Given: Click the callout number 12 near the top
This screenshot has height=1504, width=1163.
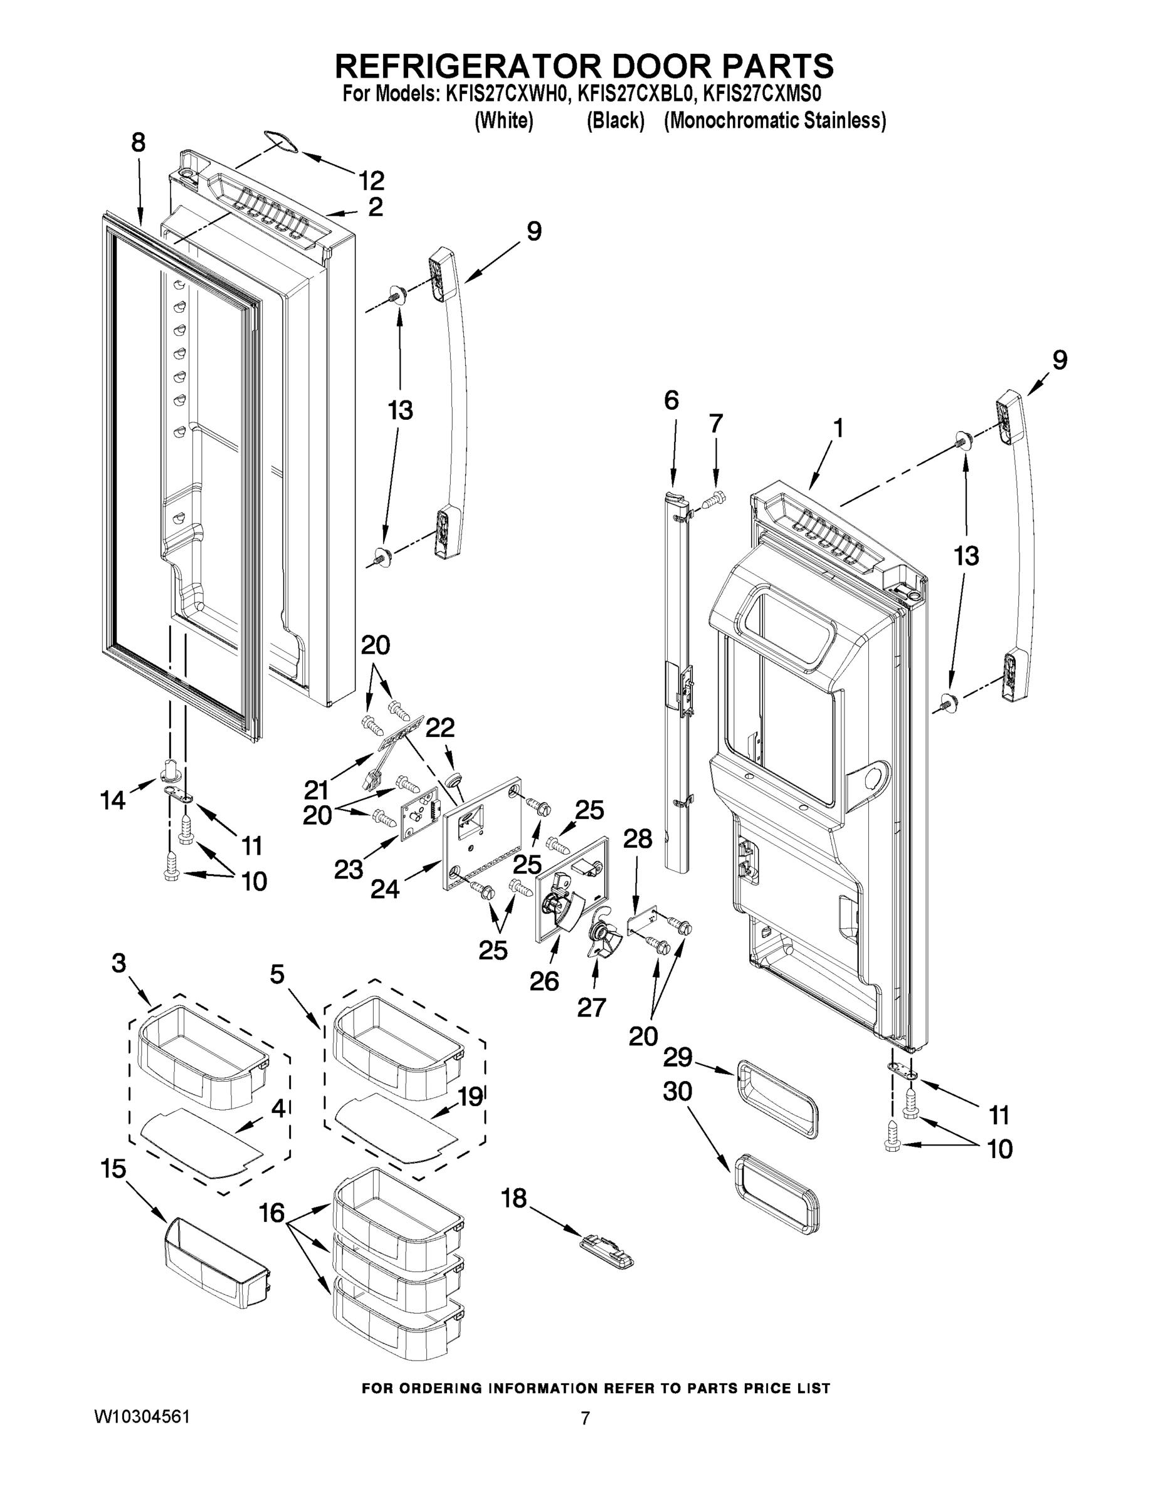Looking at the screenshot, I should click(371, 180).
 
